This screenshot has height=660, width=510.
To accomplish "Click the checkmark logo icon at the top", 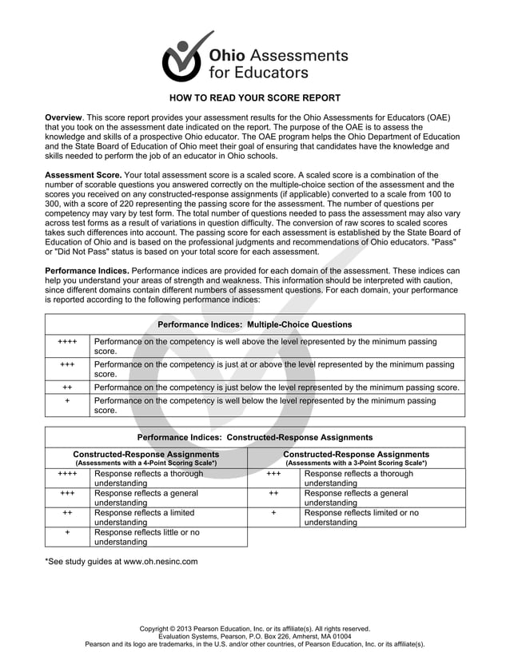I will [185, 57].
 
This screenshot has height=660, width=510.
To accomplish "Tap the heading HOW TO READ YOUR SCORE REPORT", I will [254, 98].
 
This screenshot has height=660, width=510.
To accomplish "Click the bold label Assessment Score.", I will [83, 175].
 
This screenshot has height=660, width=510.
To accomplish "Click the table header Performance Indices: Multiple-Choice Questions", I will [254, 324].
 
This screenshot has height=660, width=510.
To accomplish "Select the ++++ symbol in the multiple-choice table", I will [68, 342].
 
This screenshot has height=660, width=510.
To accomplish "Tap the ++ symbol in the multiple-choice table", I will [68, 387].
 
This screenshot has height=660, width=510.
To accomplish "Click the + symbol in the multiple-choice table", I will [68, 400].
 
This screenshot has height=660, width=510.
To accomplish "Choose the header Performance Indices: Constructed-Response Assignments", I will [254, 438].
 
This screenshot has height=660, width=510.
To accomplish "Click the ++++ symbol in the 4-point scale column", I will [68, 474].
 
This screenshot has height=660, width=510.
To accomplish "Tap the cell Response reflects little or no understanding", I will [147, 537].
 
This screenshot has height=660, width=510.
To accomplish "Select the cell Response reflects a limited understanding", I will [144, 517].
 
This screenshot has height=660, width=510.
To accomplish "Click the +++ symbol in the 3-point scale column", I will [273, 474].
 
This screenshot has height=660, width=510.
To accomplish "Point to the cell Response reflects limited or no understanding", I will [361, 517].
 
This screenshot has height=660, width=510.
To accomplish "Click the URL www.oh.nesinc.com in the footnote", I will [160, 562].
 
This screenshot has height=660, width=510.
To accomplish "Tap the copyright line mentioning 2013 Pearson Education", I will [254, 629].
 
